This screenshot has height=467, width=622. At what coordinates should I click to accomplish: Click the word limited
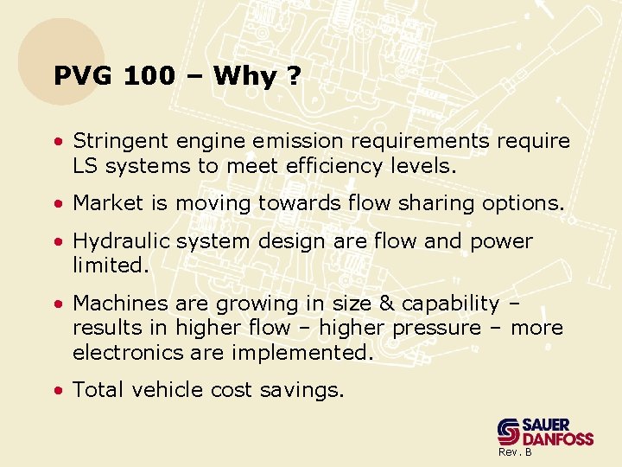coord(110,265)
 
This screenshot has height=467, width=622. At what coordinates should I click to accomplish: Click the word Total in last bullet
coord(98,390)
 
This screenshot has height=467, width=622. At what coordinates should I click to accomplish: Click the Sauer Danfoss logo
coord(544,431)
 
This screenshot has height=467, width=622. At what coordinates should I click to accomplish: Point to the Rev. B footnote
coord(514,453)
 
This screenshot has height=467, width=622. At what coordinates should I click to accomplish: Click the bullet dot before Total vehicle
coord(56,391)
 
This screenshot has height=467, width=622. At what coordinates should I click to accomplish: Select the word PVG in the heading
coord(84,76)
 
